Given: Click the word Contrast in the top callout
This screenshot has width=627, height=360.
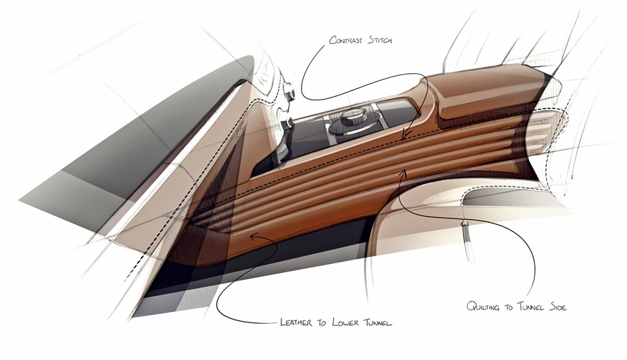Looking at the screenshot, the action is coord(346,40).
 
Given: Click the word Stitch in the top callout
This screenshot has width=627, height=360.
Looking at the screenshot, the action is coord(380,40).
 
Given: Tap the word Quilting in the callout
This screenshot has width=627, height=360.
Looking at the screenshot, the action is coord(483,306).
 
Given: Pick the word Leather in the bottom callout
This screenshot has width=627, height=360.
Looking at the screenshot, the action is coord(296,322).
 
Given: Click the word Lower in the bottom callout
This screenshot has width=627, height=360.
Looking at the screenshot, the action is coord(346,322).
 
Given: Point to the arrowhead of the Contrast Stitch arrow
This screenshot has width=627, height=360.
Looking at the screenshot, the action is coord(405,135).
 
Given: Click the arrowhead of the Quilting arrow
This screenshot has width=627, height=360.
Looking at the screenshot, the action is coord(404,173).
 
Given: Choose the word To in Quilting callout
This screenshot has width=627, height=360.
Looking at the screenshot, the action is coord(509,307).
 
